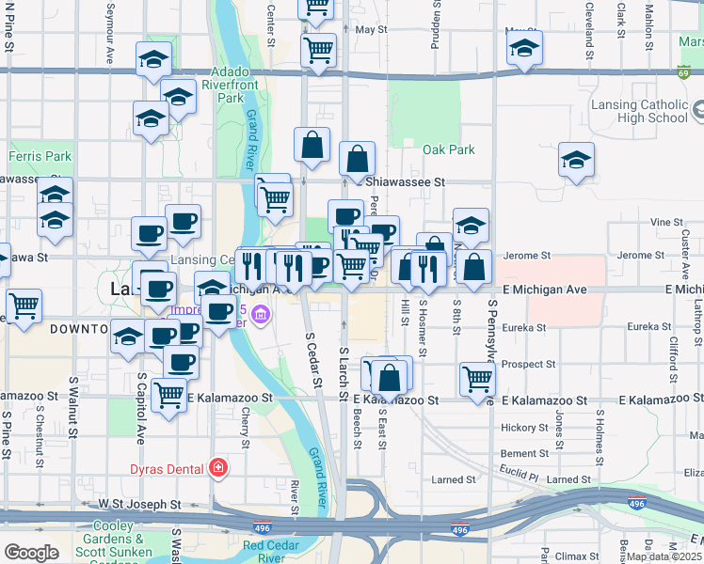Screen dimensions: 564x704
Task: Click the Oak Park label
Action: (x=448, y=149)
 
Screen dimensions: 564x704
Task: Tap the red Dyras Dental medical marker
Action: (x=218, y=466)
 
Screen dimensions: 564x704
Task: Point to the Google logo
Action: (x=31, y=553)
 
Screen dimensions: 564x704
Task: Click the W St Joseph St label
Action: (x=138, y=505)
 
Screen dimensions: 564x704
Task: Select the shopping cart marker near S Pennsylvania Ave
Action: (x=478, y=378)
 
